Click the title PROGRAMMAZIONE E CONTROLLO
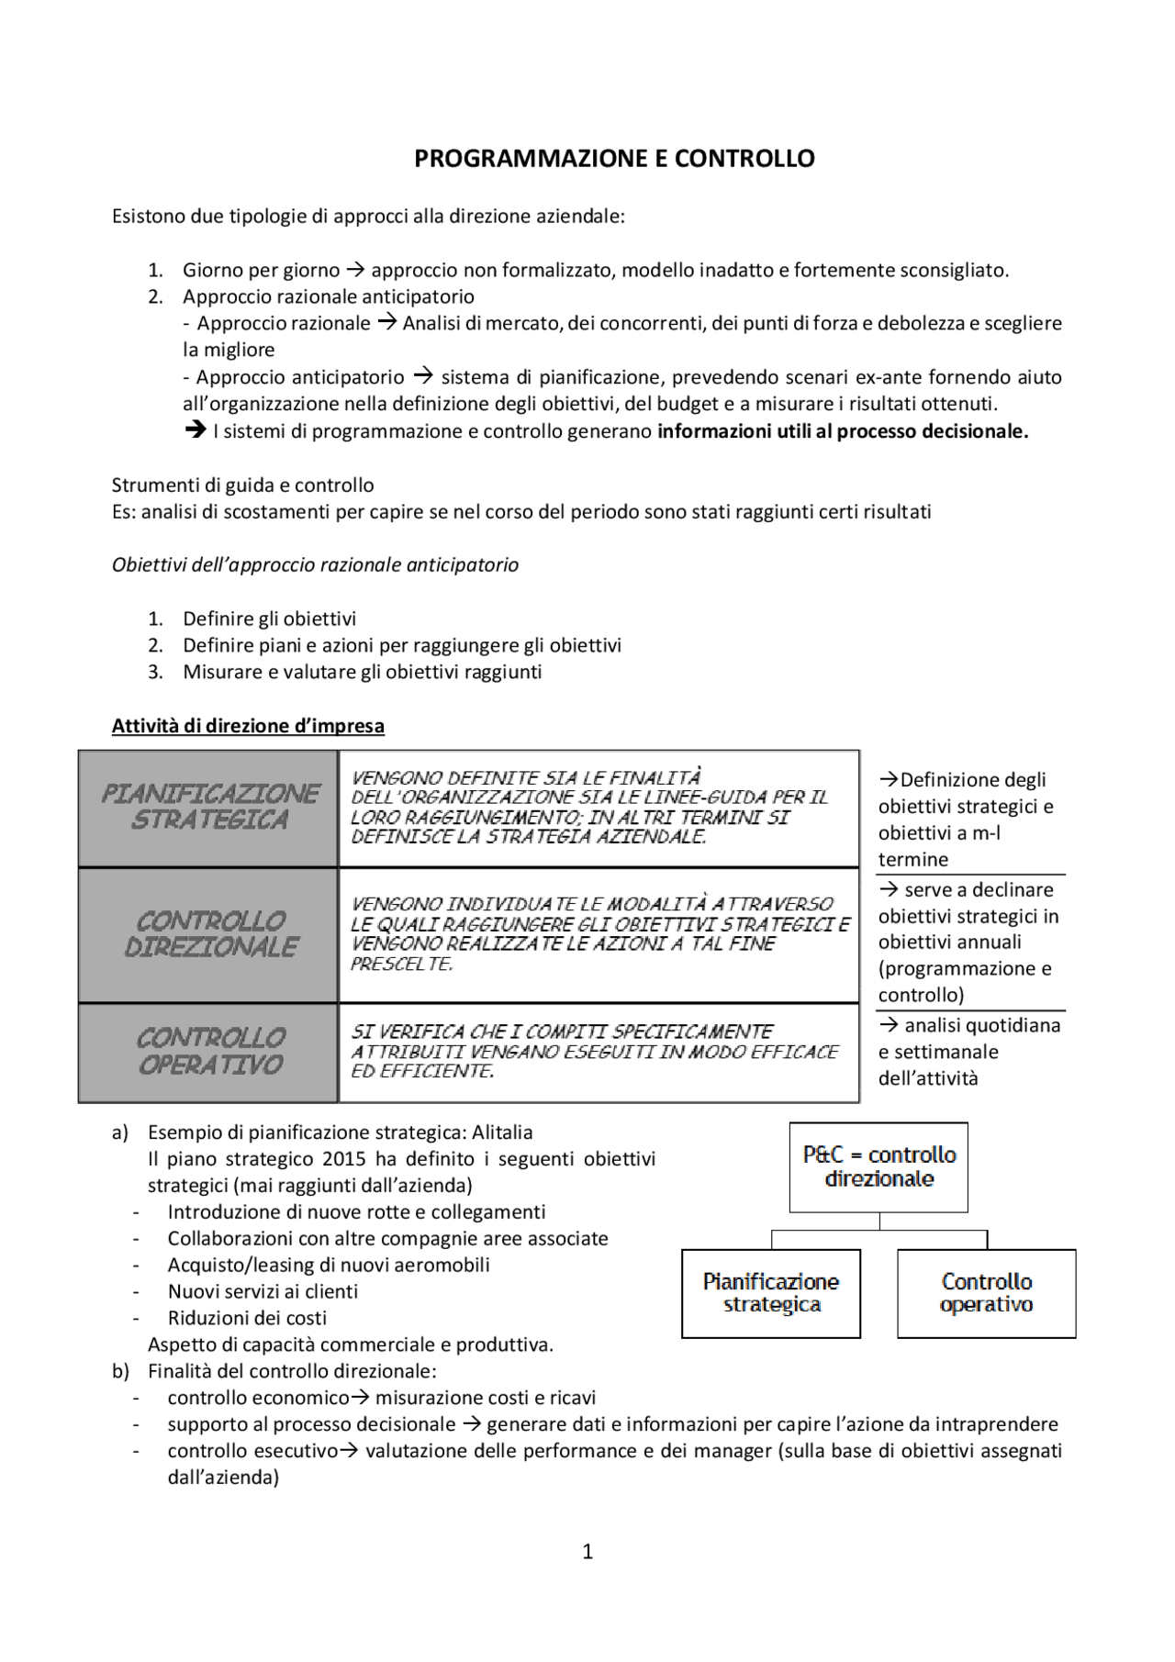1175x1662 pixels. click(614, 159)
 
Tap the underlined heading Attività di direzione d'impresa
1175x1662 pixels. click(248, 726)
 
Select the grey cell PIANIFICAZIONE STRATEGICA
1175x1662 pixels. click(209, 807)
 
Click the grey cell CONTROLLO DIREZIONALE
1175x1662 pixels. click(209, 934)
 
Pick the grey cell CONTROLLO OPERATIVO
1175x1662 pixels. click(209, 1052)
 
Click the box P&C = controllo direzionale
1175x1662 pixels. click(878, 1166)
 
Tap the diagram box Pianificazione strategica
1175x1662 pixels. click(770, 1292)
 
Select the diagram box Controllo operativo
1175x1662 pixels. click(986, 1292)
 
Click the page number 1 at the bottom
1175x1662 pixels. click(587, 1551)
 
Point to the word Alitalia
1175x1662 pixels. click(502, 1132)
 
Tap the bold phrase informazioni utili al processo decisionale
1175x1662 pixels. click(842, 431)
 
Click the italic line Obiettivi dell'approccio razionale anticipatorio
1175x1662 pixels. click(315, 565)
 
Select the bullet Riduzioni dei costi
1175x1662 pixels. click(247, 1318)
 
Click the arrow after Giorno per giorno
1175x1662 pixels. click(355, 271)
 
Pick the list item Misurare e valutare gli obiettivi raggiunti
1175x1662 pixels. click(362, 672)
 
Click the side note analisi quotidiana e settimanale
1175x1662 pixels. click(968, 1052)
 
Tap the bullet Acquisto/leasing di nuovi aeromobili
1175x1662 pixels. click(329, 1265)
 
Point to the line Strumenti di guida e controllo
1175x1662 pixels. click(242, 485)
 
